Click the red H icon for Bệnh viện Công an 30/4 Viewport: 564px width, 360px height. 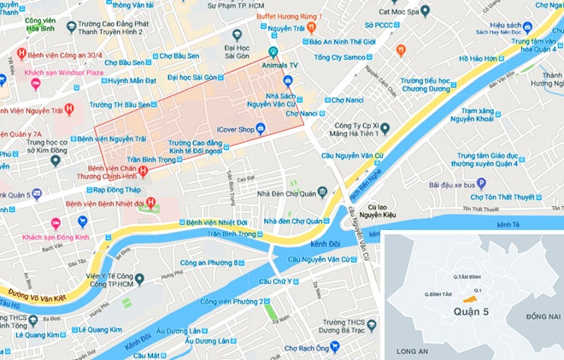21,56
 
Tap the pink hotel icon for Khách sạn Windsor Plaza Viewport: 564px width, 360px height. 35,83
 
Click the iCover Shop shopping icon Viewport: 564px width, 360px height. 261,130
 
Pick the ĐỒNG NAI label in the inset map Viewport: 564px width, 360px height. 542,316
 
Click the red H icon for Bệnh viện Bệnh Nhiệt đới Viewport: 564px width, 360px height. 150,204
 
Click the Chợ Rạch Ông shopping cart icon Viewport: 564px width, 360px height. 334,347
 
